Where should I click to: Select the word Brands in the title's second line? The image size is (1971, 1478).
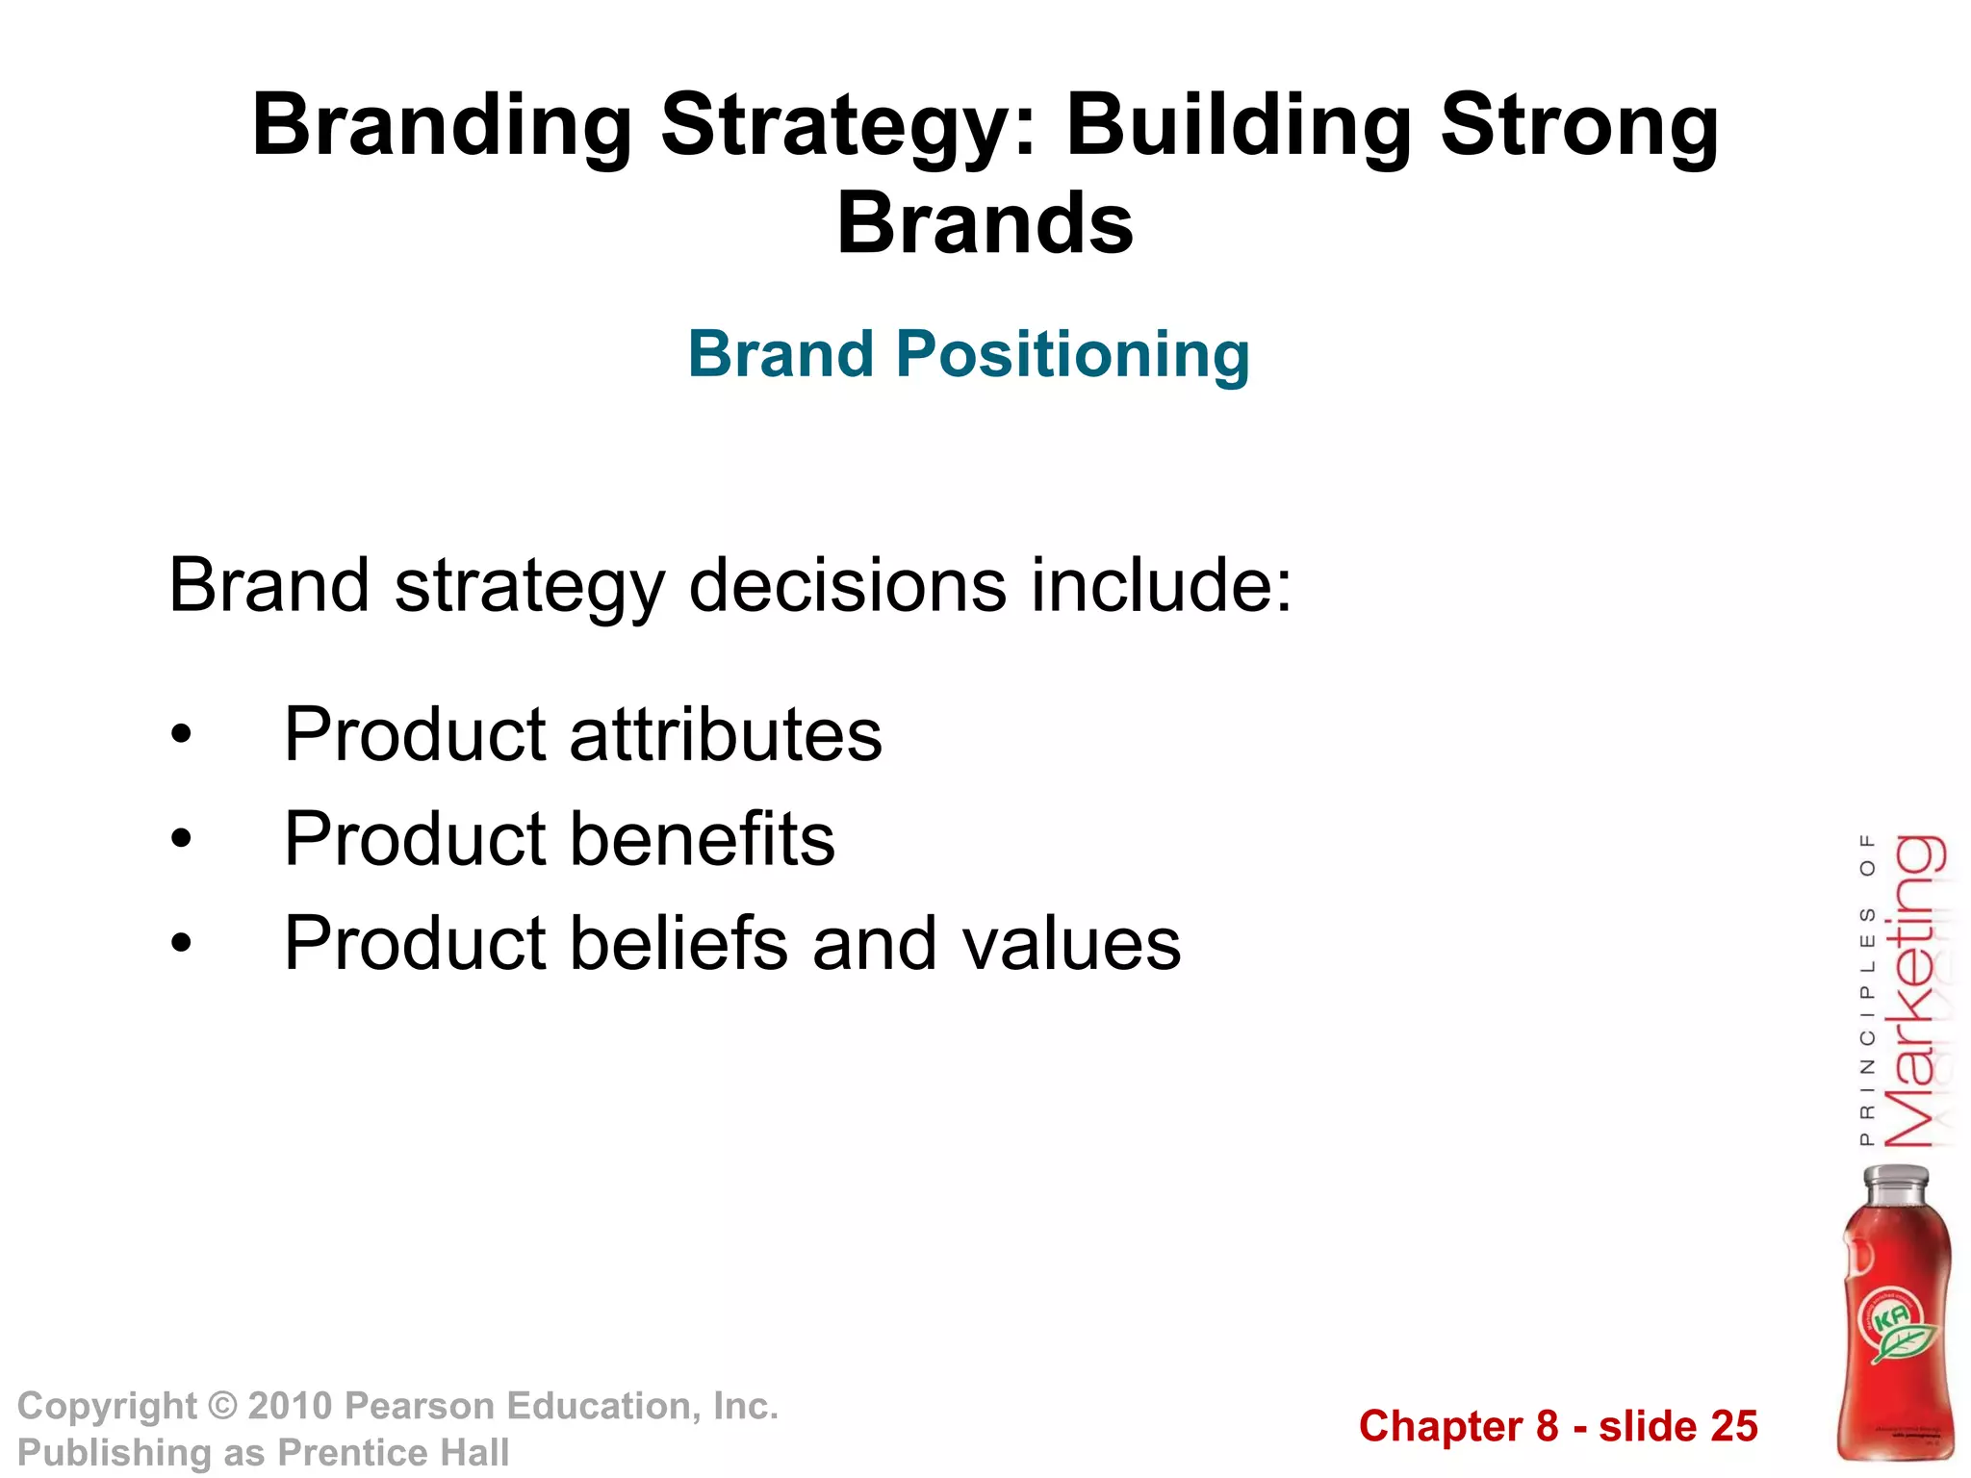pyautogui.click(x=985, y=223)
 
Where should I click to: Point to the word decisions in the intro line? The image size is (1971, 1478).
pyautogui.click(x=848, y=585)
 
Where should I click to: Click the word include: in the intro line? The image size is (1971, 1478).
pyautogui.click(x=1162, y=585)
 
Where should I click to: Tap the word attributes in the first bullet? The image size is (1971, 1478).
pyautogui.click(x=726, y=735)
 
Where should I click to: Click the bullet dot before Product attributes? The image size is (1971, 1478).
pyautogui.click(x=181, y=737)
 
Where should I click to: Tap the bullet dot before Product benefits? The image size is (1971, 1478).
pyautogui.click(x=181, y=841)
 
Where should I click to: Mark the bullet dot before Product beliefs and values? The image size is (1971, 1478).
pyautogui.click(x=181, y=945)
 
